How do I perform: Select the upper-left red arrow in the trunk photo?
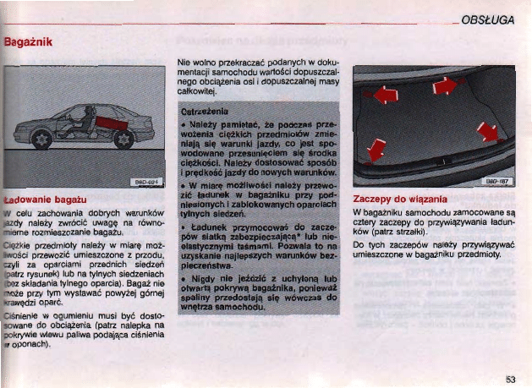[385, 95]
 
